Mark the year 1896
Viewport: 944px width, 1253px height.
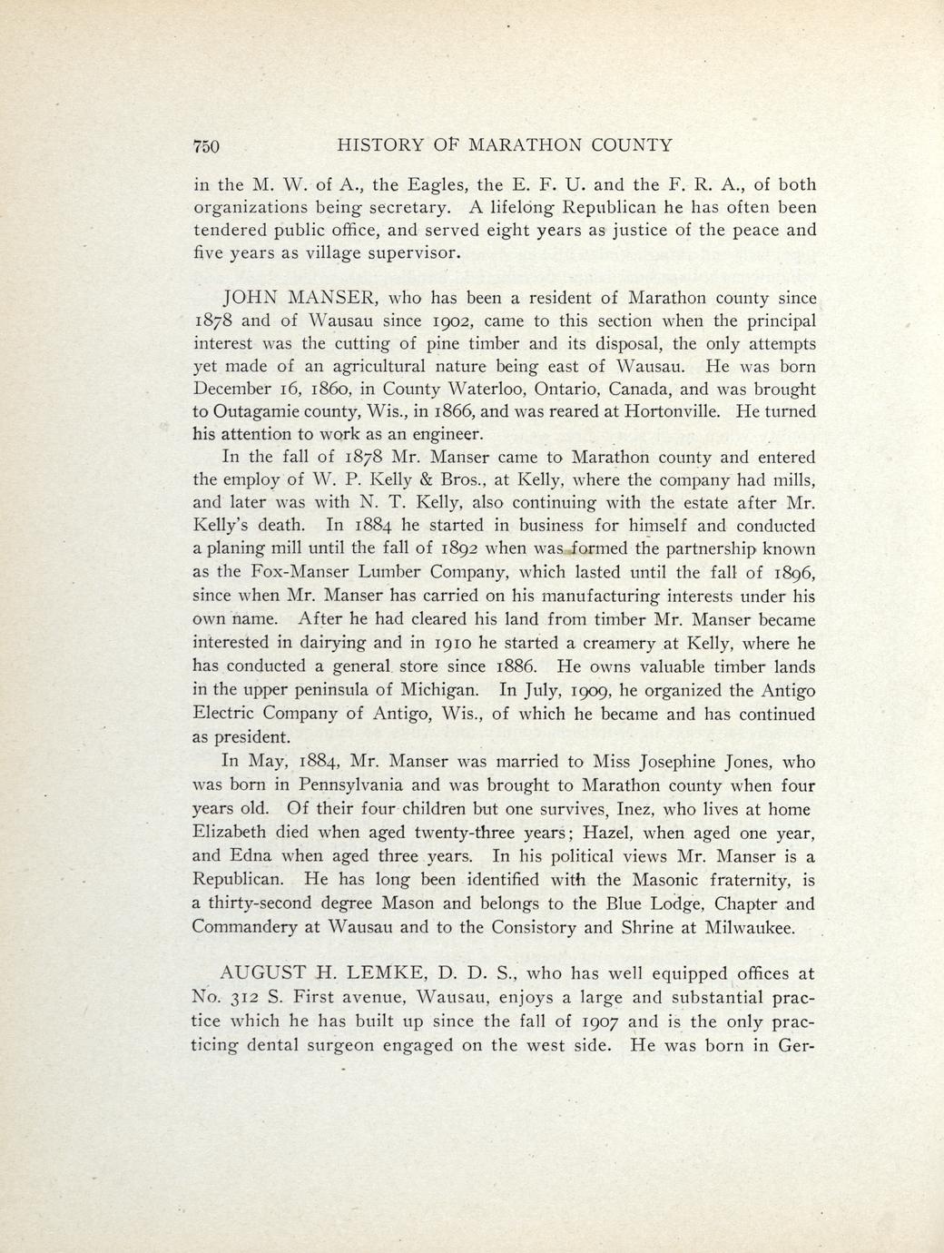tap(796, 573)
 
